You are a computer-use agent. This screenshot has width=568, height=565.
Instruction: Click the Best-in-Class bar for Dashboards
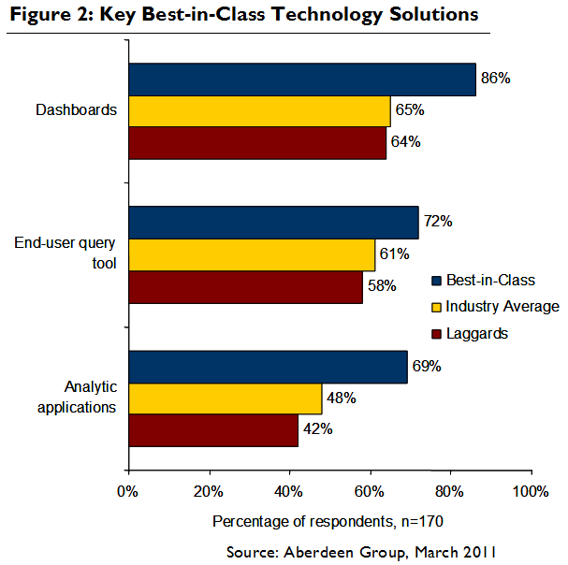[301, 80]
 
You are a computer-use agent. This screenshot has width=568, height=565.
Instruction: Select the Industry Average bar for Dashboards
[259, 111]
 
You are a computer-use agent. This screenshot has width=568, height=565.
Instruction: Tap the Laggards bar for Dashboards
[257, 142]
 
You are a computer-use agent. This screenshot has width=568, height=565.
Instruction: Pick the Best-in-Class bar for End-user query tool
[273, 224]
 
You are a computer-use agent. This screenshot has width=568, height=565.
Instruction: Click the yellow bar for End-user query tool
[251, 254]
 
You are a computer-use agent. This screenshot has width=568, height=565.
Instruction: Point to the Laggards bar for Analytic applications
[212, 430]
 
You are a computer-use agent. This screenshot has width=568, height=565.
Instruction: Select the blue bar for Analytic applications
[268, 368]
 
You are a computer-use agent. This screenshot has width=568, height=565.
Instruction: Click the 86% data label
[494, 79]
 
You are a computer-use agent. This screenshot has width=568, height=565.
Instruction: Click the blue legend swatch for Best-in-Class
[436, 281]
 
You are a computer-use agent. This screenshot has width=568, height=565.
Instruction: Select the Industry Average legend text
[502, 307]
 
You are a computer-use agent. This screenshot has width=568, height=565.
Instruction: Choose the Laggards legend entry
[476, 333]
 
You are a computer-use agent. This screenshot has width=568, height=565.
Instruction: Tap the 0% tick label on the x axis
[128, 489]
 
